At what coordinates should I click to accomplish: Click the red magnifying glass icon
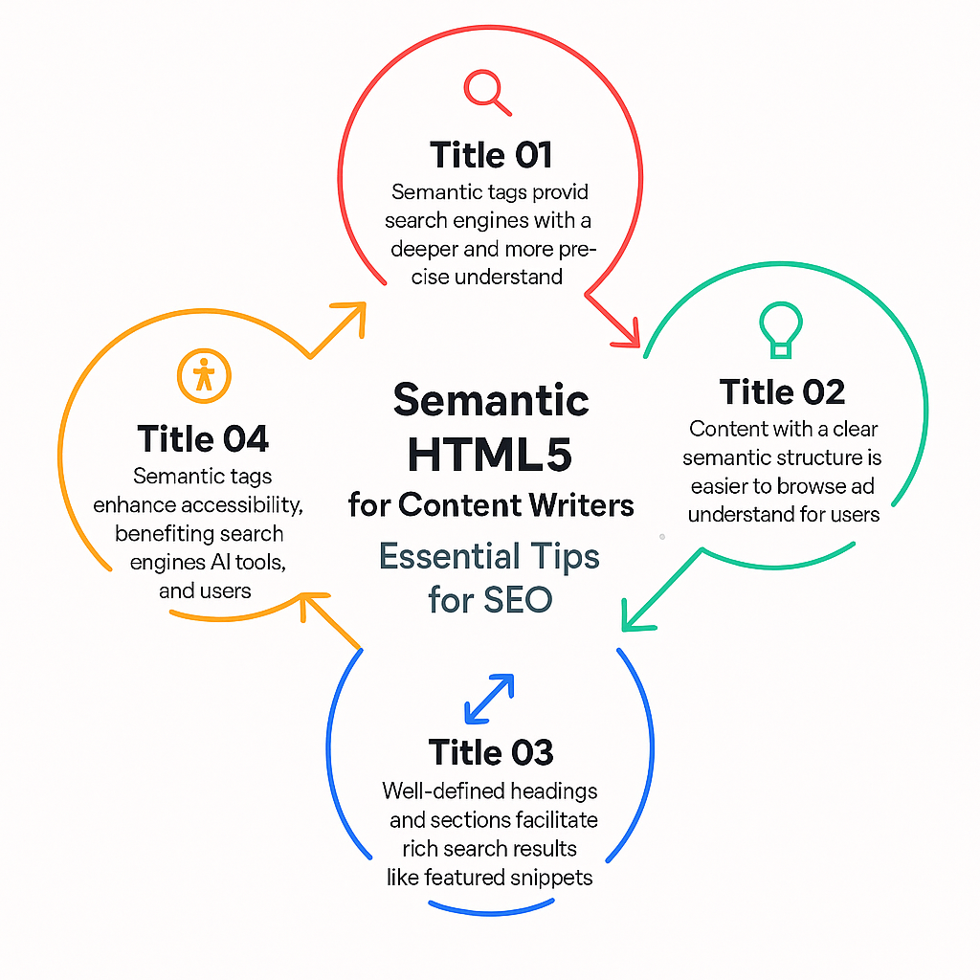[x=486, y=92]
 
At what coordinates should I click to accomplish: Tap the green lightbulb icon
[x=781, y=329]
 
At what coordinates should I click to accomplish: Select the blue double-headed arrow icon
[x=489, y=699]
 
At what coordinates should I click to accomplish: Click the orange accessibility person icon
[x=204, y=375]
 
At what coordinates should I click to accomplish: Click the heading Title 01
[x=491, y=155]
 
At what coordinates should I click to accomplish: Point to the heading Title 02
[x=782, y=391]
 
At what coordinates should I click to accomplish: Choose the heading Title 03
[x=491, y=752]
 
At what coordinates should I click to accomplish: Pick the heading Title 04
[x=203, y=438]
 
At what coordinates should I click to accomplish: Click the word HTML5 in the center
[x=489, y=455]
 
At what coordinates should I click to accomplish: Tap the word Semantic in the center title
[x=491, y=400]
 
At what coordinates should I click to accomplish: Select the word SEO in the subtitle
[x=518, y=600]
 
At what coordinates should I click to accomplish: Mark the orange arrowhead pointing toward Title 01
[x=352, y=316]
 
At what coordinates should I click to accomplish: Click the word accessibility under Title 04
[x=242, y=505]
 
